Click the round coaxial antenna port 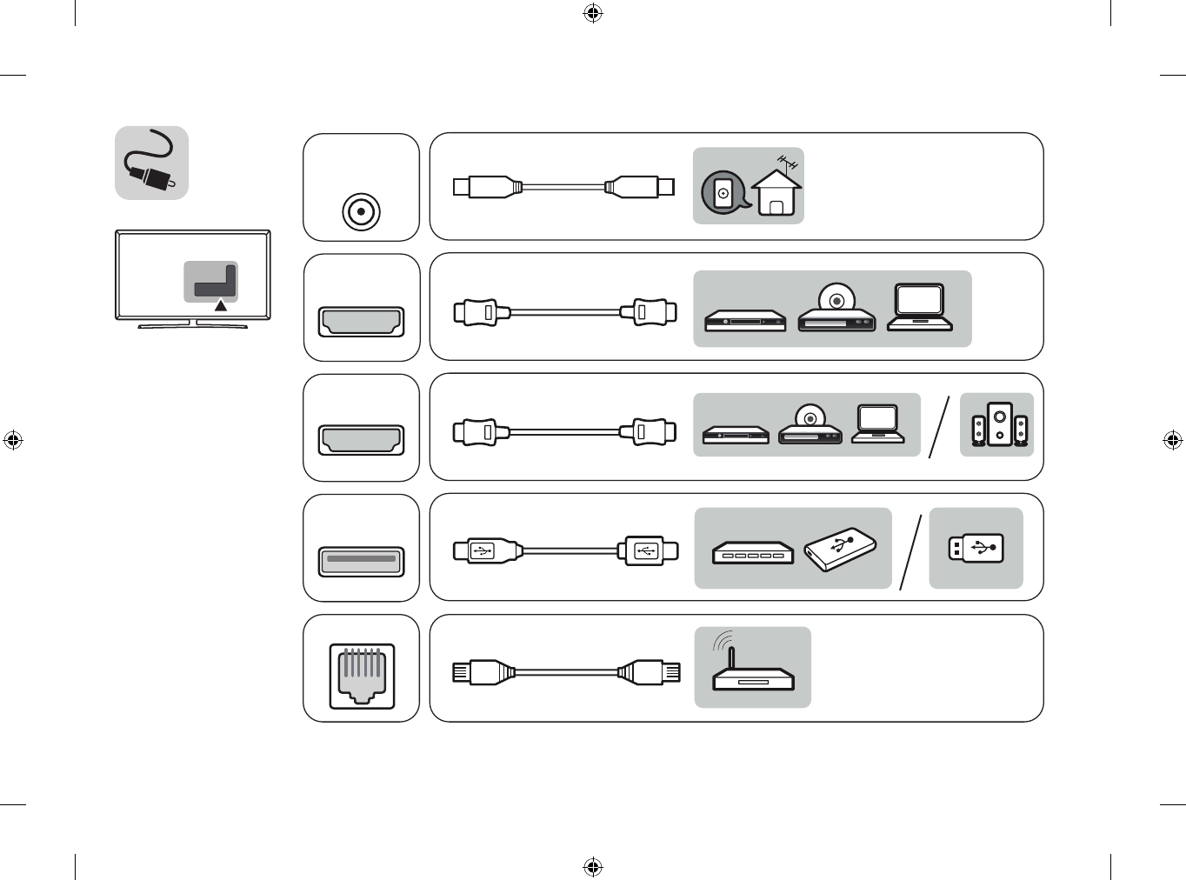[x=361, y=211]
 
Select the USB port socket [x=362, y=561]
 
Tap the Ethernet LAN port [x=362, y=676]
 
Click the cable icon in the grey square [x=151, y=163]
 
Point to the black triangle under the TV [x=221, y=305]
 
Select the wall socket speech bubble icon [x=723, y=193]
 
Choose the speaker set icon [x=998, y=425]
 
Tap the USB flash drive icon [x=976, y=548]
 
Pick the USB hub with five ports [x=752, y=553]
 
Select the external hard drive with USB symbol [x=840, y=549]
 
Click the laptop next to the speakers [x=877, y=423]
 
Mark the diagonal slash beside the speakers [x=938, y=426]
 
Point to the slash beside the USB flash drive [x=910, y=551]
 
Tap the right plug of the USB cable [x=647, y=550]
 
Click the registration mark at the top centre [x=593, y=13]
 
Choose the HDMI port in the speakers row [x=362, y=439]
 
